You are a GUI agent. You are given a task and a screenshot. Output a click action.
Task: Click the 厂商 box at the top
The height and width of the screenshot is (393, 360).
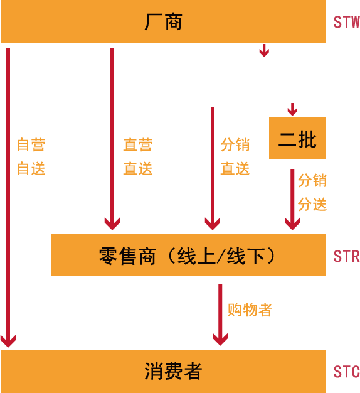[x=163, y=21]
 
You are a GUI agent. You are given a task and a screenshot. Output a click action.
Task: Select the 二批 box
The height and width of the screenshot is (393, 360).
[x=297, y=138]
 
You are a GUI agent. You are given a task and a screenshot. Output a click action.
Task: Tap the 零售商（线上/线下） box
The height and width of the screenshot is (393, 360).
[x=189, y=255]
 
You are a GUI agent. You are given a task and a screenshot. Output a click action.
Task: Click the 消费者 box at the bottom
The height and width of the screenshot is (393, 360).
[x=163, y=372]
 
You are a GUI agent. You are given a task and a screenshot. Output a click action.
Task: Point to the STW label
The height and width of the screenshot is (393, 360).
[x=346, y=22]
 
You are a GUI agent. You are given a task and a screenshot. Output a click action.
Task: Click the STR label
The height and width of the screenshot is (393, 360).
[x=346, y=256]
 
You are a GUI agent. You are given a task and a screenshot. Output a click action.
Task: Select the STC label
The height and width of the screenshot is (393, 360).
[x=346, y=372]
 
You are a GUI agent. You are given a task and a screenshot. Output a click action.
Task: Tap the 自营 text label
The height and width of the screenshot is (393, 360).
[x=31, y=144]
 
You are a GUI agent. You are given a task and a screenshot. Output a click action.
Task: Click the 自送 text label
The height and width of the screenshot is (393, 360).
[x=31, y=168]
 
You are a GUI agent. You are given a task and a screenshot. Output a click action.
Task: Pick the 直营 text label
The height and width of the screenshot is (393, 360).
[x=138, y=144]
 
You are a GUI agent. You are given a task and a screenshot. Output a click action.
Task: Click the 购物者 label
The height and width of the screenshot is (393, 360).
[x=250, y=310]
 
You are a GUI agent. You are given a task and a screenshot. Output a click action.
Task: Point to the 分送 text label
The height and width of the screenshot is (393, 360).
[x=312, y=204]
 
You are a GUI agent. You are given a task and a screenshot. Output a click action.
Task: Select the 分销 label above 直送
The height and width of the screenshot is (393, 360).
[x=235, y=144]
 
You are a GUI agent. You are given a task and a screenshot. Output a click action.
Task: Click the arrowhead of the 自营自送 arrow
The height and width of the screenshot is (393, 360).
[x=8, y=342]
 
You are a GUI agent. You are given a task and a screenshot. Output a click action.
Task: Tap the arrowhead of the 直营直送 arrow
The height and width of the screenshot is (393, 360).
[x=112, y=224]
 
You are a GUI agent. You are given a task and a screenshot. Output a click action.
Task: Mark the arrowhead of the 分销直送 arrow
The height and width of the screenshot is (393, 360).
[x=213, y=224]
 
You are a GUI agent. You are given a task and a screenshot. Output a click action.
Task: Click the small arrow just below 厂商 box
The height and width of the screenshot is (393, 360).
[x=264, y=50]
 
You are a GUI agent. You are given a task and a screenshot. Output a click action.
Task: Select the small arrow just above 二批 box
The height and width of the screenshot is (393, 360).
[x=292, y=109]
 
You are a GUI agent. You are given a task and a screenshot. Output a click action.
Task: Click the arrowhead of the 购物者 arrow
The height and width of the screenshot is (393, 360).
[x=220, y=340]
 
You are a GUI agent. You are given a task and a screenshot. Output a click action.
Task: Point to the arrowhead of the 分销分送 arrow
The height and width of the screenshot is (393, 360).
[x=292, y=224]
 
